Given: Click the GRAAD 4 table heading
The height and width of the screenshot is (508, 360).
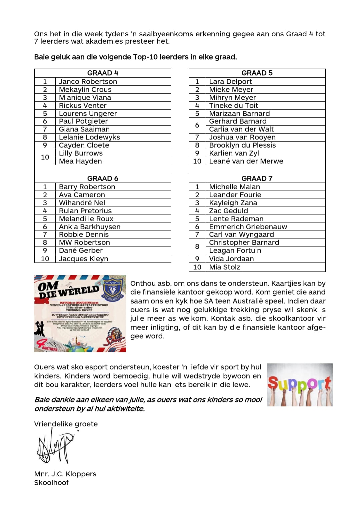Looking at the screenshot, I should pyautogui.click(x=103, y=73).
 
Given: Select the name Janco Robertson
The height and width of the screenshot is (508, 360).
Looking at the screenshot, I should pyautogui.click(x=88, y=82).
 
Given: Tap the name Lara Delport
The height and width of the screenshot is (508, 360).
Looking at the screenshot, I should pyautogui.click(x=230, y=82).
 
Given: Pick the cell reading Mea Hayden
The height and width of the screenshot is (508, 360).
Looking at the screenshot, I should pyautogui.click(x=80, y=161).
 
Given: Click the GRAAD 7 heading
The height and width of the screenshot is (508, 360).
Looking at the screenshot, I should pyautogui.click(x=257, y=179).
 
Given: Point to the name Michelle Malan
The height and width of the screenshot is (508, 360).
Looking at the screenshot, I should pyautogui.click(x=234, y=187).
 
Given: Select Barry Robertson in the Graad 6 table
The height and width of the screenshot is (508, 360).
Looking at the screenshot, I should pyautogui.click(x=87, y=187).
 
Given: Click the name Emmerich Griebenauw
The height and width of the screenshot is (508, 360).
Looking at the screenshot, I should pyautogui.click(x=248, y=227).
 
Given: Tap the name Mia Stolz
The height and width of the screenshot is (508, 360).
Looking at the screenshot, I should pyautogui.click(x=224, y=267).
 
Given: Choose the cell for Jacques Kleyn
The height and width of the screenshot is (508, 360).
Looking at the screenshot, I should pyautogui.click(x=83, y=259).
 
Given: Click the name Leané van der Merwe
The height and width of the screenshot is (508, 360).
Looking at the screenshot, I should pyautogui.click(x=246, y=161).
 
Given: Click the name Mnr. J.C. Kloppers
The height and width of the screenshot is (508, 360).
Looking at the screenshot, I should pyautogui.click(x=65, y=474).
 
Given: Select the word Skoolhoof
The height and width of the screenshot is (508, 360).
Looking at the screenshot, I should pyautogui.click(x=51, y=483).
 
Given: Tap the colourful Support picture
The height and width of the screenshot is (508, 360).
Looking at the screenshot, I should pyautogui.click(x=299, y=385).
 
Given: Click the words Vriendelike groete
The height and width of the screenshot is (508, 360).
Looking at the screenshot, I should pyautogui.click(x=66, y=424).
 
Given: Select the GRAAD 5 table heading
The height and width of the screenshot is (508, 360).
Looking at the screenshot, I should pyautogui.click(x=257, y=73).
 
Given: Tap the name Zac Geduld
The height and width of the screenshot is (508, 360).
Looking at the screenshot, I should pyautogui.click(x=228, y=211).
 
